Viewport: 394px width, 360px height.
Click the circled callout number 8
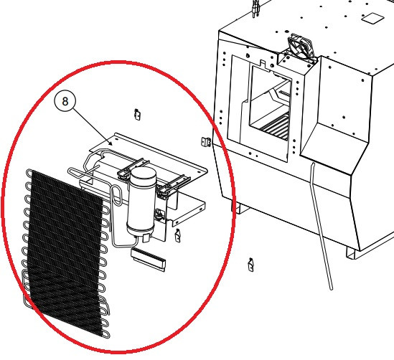tap(65, 101)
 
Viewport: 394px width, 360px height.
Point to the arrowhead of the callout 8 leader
tap(111, 143)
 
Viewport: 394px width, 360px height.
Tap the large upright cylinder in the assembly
tap(141, 202)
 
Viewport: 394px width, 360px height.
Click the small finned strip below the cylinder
tap(149, 260)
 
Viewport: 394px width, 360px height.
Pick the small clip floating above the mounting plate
tap(137, 115)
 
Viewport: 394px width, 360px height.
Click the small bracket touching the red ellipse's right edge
tap(206, 142)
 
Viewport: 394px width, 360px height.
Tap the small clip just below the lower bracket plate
tap(178, 235)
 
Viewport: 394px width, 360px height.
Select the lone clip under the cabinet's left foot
tap(250, 265)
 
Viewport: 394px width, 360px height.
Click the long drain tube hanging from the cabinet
tap(322, 226)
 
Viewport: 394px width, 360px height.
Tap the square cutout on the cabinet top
tap(372, 18)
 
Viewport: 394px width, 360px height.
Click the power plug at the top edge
tap(256, 9)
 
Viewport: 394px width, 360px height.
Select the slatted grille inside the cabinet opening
tap(275, 127)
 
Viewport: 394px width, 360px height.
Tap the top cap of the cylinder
tap(143, 172)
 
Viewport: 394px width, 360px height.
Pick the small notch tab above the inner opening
tap(263, 64)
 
